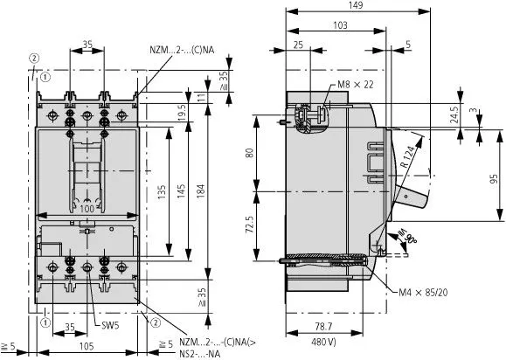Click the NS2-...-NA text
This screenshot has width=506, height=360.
(195, 354)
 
